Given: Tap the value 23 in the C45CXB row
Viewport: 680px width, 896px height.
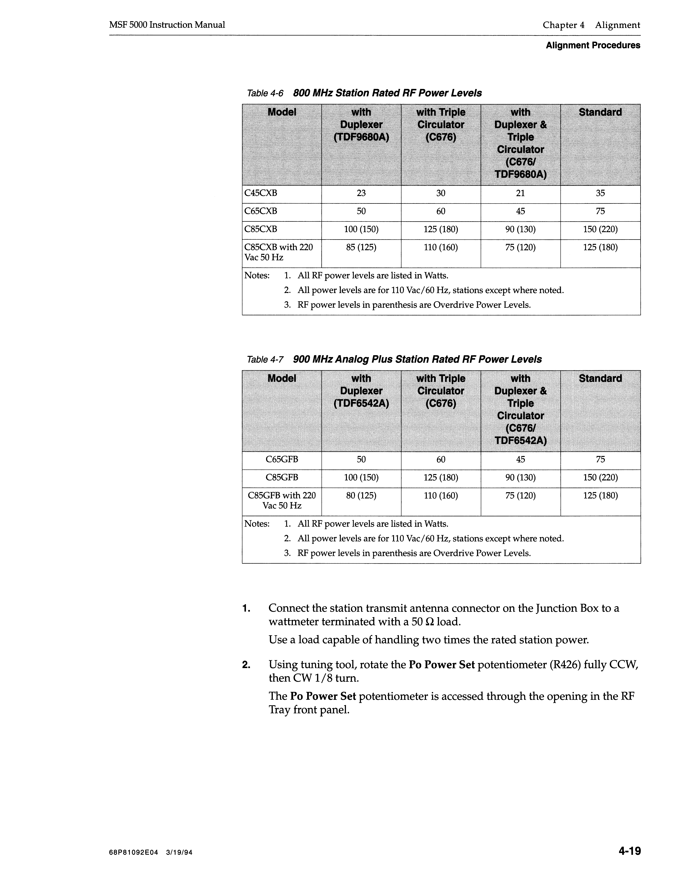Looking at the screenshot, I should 361,193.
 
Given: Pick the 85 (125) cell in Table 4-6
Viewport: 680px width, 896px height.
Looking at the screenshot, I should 361,247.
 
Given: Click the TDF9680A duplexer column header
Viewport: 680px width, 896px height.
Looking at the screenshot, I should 361,125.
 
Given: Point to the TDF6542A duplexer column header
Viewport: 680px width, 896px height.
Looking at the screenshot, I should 361,391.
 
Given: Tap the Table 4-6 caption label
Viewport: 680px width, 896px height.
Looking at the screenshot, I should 265,94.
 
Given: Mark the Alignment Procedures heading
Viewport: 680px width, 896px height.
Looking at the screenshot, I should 593,45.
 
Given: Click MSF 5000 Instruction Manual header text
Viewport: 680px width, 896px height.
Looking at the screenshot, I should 167,25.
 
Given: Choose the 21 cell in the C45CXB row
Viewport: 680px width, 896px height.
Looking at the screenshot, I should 520,193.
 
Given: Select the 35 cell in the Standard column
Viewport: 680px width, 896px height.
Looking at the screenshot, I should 600,193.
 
